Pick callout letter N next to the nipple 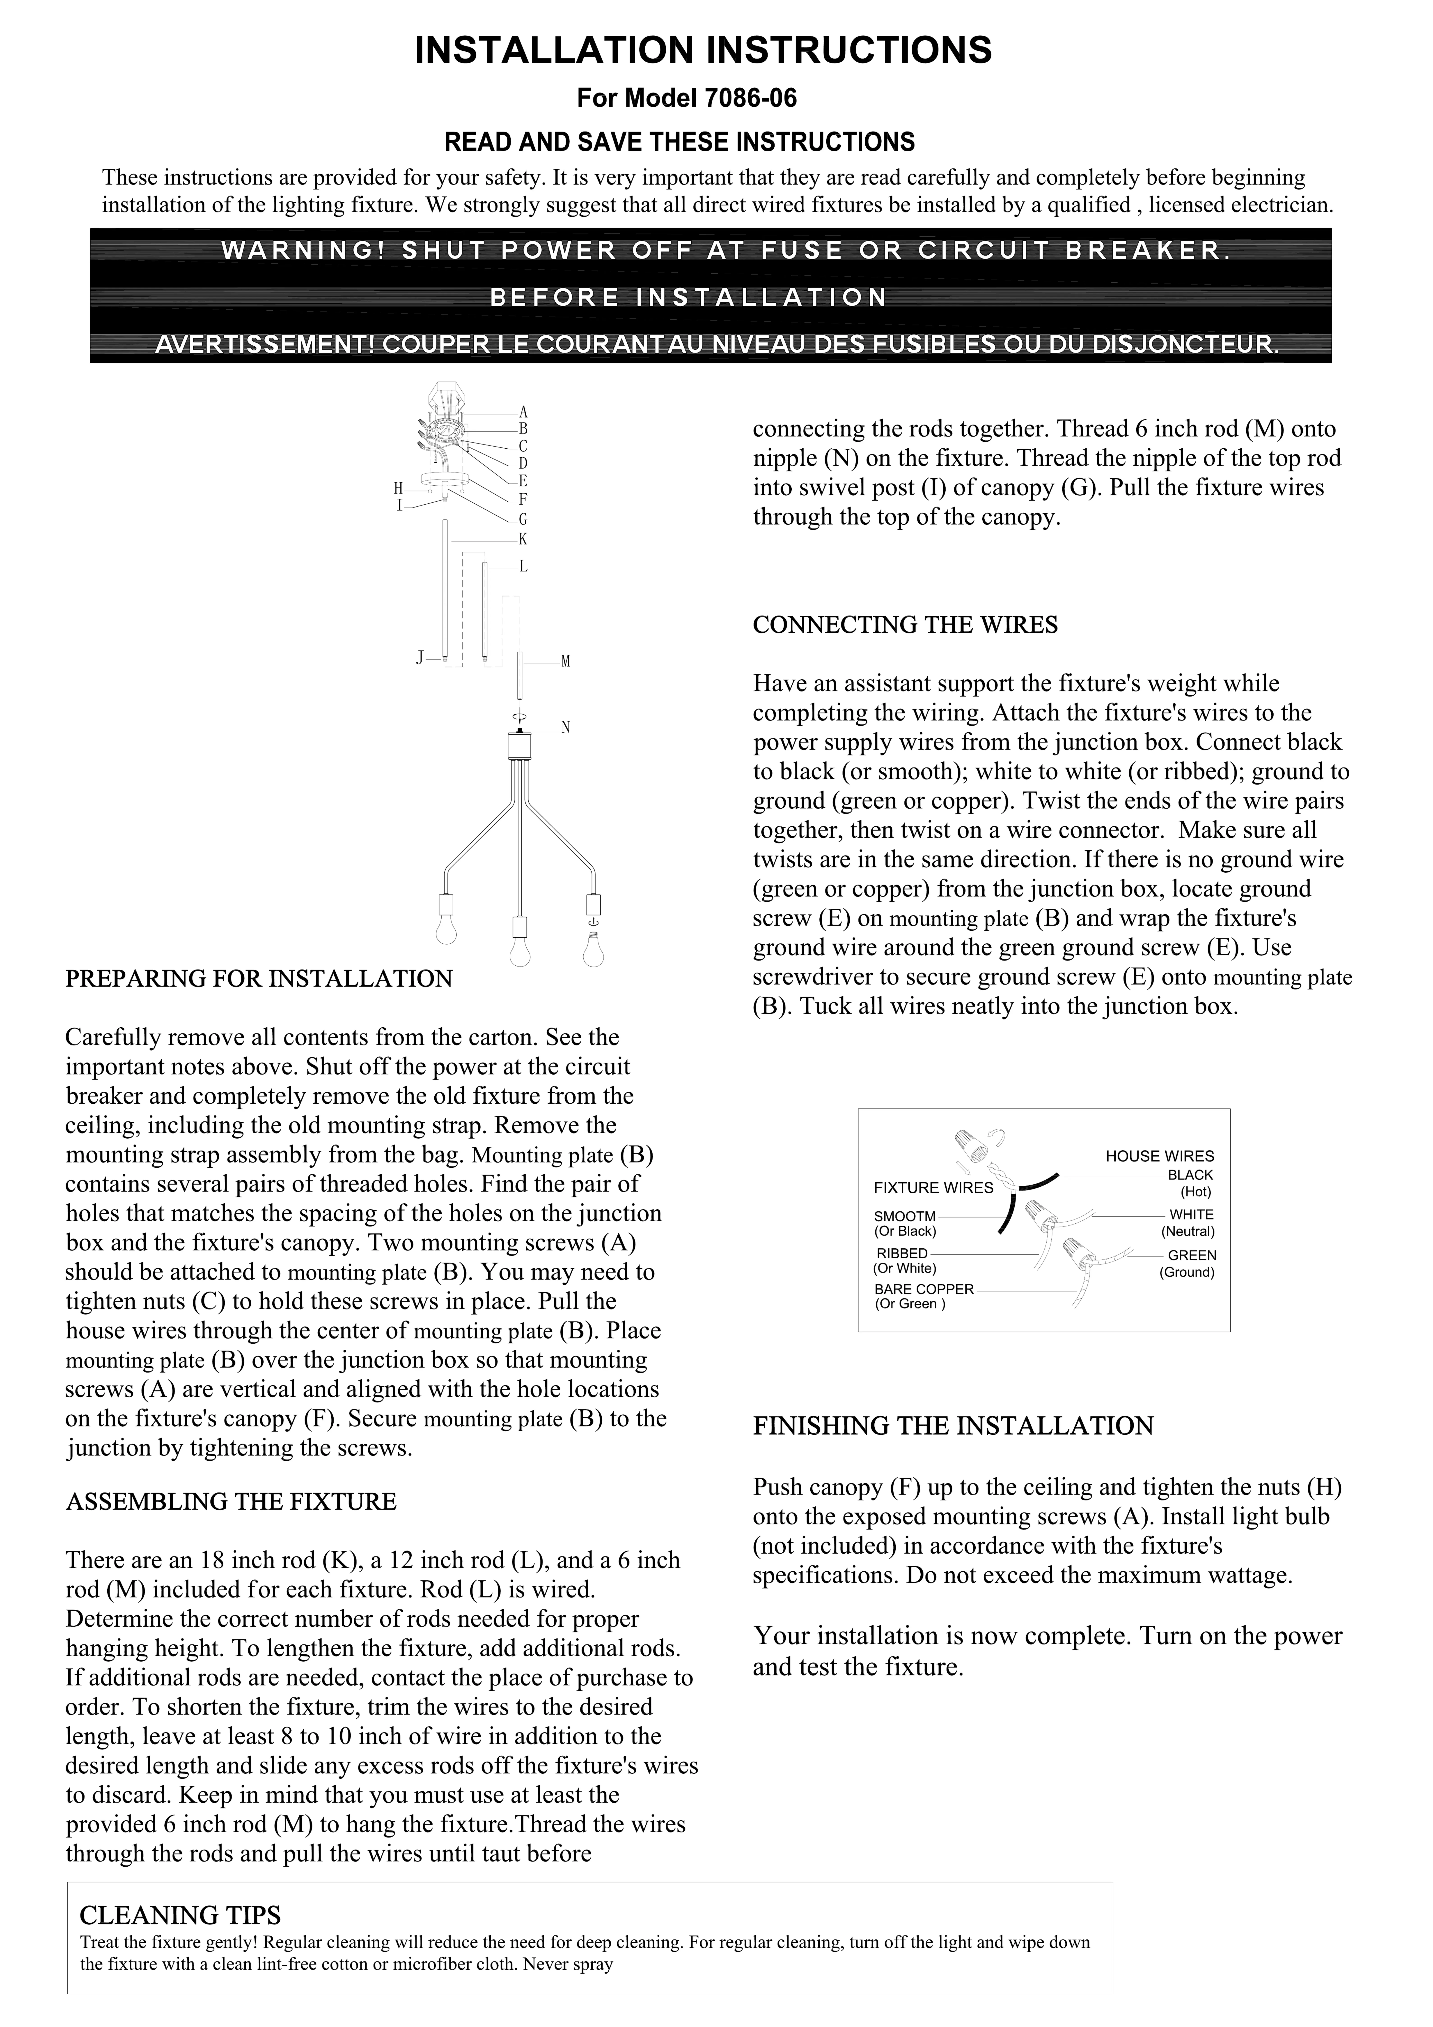[566, 728]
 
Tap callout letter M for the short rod [566, 661]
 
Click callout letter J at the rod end [421, 657]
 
